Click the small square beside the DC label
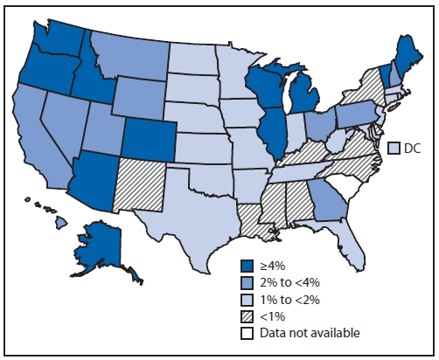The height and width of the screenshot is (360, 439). (394, 149)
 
